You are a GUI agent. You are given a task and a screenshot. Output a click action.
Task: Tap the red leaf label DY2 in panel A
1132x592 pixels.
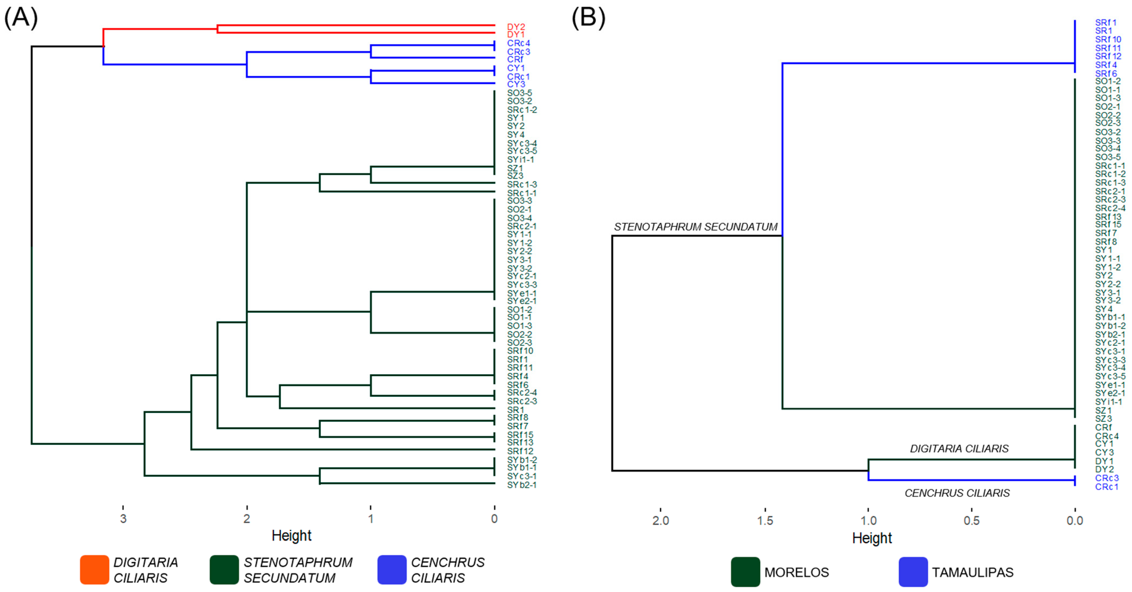point(516,27)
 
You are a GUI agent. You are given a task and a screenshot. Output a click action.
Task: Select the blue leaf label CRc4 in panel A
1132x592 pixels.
point(519,43)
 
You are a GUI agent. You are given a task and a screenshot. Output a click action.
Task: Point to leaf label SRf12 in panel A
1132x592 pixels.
point(520,451)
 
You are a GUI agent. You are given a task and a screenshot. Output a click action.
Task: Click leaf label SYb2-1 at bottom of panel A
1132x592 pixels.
point(522,485)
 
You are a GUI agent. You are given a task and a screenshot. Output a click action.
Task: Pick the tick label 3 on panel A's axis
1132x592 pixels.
point(123,519)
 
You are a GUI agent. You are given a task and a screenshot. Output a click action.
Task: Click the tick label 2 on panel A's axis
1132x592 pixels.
point(247,519)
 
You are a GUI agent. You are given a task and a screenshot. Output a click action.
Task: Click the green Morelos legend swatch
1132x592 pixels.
point(745,572)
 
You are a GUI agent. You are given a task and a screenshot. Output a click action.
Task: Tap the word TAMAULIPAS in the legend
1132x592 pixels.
point(972,572)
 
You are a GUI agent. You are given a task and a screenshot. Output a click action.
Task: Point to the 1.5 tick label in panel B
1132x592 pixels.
point(765,520)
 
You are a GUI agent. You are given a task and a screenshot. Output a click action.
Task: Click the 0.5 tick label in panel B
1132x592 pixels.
point(972,520)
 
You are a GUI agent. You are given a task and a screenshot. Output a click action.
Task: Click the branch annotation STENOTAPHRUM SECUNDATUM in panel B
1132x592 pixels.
point(696,227)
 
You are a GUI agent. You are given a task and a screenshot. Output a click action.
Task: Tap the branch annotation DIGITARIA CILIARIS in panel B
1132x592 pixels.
point(959,448)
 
